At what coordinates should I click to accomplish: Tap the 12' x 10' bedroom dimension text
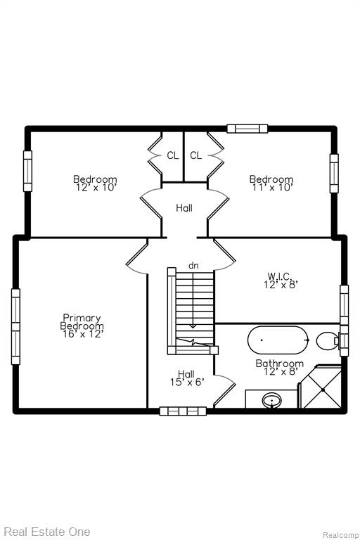(x=95, y=187)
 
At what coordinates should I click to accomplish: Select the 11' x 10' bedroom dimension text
(x=271, y=187)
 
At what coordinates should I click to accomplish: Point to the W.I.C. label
(x=281, y=276)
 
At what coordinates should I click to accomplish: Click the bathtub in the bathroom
(x=278, y=340)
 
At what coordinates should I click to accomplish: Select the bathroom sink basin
(x=272, y=401)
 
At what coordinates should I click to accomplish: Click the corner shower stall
(x=321, y=387)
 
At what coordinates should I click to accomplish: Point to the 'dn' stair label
(x=193, y=266)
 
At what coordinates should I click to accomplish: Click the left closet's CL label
(x=172, y=155)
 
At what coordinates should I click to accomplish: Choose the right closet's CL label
(x=195, y=155)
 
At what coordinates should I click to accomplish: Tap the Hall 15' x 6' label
(x=187, y=378)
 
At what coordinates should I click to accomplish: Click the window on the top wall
(x=247, y=129)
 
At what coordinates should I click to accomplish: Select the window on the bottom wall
(x=183, y=411)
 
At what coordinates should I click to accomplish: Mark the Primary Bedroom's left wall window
(x=15, y=326)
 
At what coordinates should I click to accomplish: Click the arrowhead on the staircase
(x=193, y=326)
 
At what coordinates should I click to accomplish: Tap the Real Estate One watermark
(x=47, y=532)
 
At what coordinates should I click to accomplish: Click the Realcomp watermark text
(x=340, y=535)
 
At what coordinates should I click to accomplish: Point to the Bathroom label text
(x=279, y=364)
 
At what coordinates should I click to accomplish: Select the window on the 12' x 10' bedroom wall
(x=27, y=171)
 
